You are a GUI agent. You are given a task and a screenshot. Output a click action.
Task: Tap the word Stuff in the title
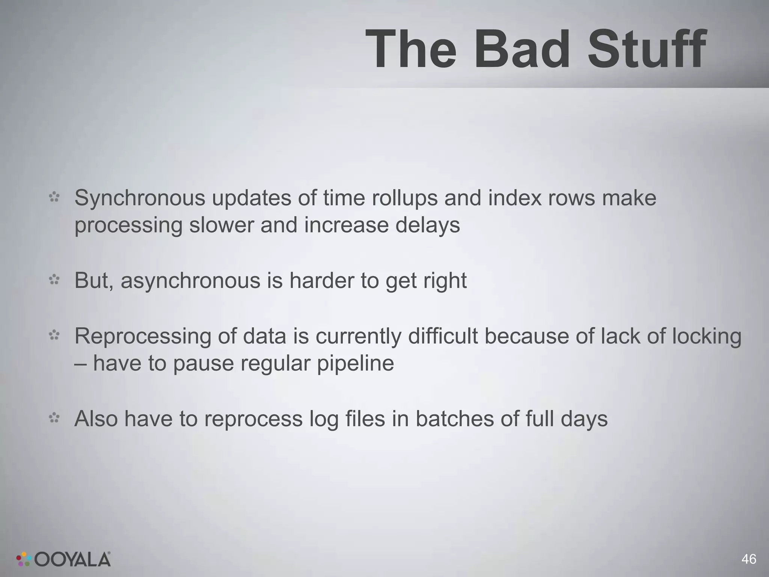[647, 50]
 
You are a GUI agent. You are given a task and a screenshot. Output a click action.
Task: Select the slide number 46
[749, 559]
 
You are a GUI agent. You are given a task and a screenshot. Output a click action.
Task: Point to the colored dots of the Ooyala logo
[24, 559]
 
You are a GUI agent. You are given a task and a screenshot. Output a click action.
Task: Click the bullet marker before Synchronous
[54, 197]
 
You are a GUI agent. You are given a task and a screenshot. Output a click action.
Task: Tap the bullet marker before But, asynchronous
[54, 280]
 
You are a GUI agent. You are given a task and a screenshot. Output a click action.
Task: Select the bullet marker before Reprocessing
[54, 335]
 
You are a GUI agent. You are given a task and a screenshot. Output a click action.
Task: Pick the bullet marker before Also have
[54, 418]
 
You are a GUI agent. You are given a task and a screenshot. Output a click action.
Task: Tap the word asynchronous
[190, 281]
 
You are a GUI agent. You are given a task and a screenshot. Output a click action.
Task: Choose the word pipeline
[355, 363]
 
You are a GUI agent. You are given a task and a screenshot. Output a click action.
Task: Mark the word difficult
[443, 336]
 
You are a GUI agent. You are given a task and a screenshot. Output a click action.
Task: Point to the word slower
[221, 225]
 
